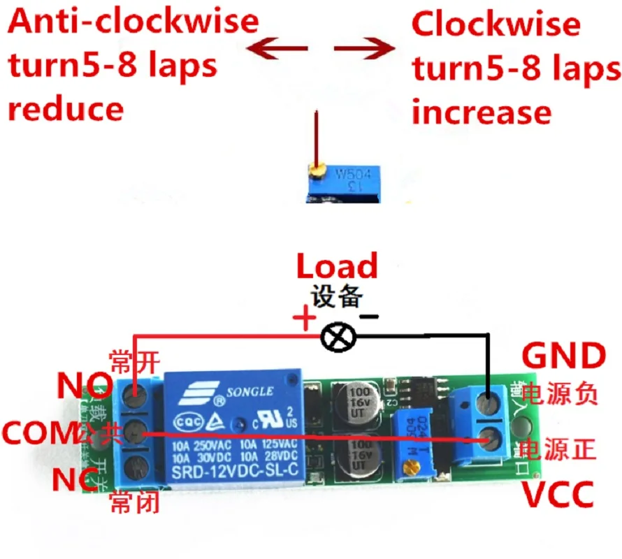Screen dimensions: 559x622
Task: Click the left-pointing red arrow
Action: pyautogui.click(x=280, y=49)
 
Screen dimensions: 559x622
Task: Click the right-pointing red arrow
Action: pyautogui.click(x=365, y=49)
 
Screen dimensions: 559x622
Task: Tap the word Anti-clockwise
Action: pyautogui.click(x=133, y=22)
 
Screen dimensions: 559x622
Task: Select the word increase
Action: pyautogui.click(x=482, y=112)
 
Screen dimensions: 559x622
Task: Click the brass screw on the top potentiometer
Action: pyautogui.click(x=317, y=168)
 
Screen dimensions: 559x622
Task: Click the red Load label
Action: pyautogui.click(x=337, y=267)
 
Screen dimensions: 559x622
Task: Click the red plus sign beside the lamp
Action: pyautogui.click(x=304, y=321)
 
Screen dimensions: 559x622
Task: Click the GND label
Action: pyautogui.click(x=564, y=356)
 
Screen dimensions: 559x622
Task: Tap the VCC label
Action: pyautogui.click(x=558, y=495)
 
